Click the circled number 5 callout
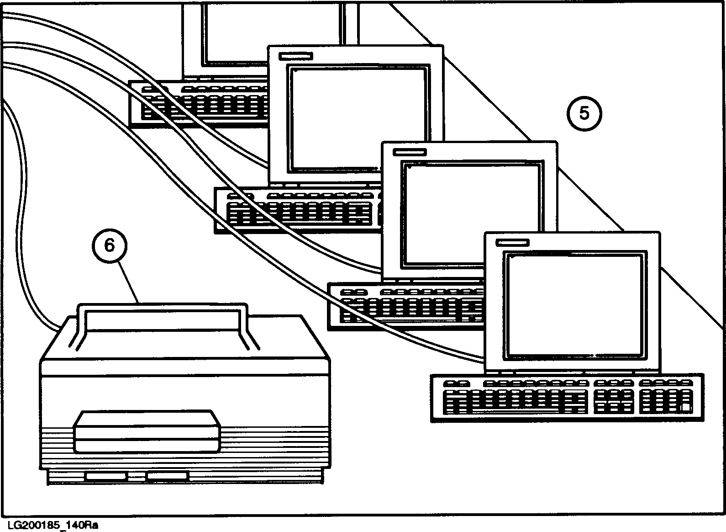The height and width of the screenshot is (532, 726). click(x=584, y=113)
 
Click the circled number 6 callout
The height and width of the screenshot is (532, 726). click(x=110, y=245)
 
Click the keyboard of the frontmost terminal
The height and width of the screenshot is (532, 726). click(x=566, y=398)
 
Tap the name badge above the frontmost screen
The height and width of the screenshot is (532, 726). click(x=512, y=243)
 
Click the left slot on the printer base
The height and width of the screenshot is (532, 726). click(x=105, y=476)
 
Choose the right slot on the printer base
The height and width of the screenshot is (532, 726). click(x=167, y=476)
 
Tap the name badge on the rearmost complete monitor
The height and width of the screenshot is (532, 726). click(x=296, y=56)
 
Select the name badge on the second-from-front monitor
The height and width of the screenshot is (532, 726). click(x=410, y=152)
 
